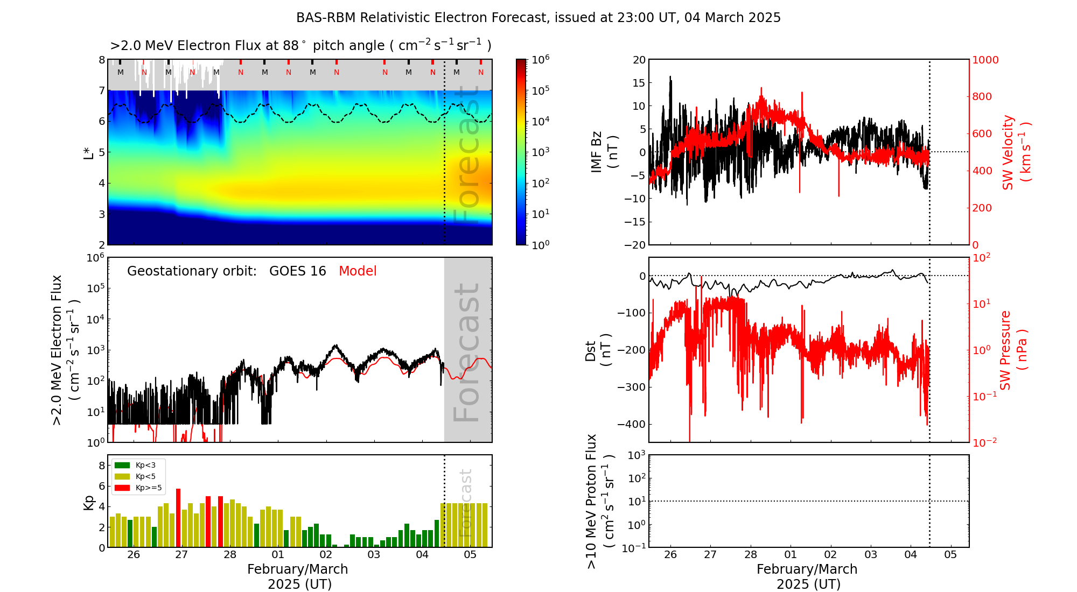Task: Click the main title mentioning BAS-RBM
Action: tap(538, 18)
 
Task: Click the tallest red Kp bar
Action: tap(178, 517)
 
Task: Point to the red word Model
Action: tap(358, 271)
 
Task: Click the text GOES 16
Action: tap(298, 271)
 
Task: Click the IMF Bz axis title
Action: tap(603, 152)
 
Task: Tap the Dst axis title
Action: tap(598, 350)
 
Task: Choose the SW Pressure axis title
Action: tap(1013, 350)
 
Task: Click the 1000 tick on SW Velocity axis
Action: tap(985, 60)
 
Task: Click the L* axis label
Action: tap(88, 152)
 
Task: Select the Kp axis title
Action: tap(89, 502)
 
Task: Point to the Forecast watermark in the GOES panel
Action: tap(467, 353)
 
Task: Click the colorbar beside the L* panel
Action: tap(521, 152)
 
